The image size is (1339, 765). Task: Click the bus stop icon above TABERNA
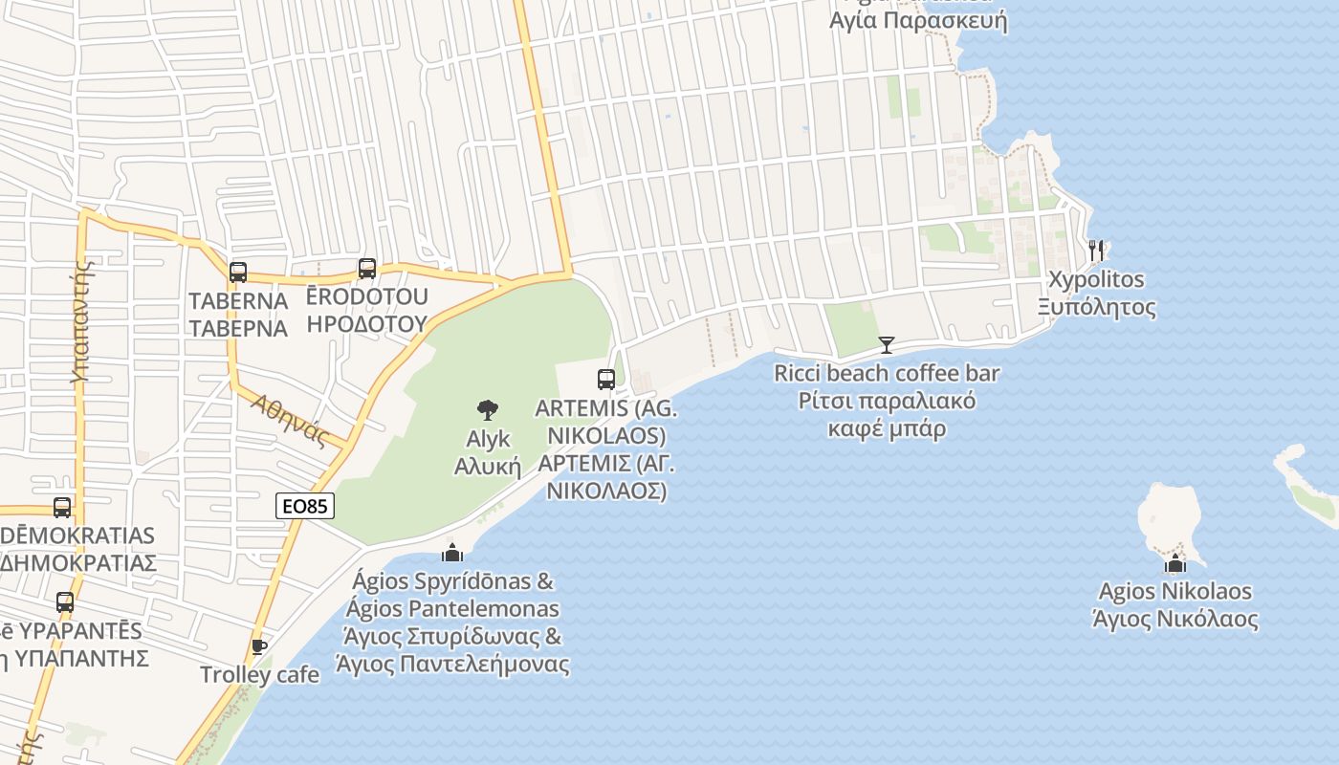pos(238,273)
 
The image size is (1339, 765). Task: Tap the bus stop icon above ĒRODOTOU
pos(367,269)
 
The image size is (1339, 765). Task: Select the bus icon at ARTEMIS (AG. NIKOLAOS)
pos(606,380)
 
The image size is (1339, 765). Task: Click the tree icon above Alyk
pos(488,410)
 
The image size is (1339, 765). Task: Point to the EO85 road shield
pos(305,506)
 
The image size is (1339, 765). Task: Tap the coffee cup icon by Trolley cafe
pos(258,647)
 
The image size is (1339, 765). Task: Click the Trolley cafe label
pos(259,674)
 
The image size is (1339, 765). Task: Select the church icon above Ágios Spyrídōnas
pos(451,553)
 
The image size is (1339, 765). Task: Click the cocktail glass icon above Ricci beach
pos(887,344)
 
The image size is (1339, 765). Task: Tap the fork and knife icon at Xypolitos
pos(1096,251)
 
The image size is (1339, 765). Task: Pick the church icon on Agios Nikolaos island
pos(1176,563)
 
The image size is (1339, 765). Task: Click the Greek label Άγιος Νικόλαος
pos(1175,619)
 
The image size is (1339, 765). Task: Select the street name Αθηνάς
pos(290,421)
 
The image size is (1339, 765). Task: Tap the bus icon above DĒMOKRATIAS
pos(62,508)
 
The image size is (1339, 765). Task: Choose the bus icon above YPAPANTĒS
pos(65,602)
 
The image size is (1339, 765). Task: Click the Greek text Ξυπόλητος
pos(1097,307)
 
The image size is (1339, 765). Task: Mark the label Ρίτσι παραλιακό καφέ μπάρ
pos(887,414)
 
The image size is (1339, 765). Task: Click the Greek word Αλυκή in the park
pos(487,467)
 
